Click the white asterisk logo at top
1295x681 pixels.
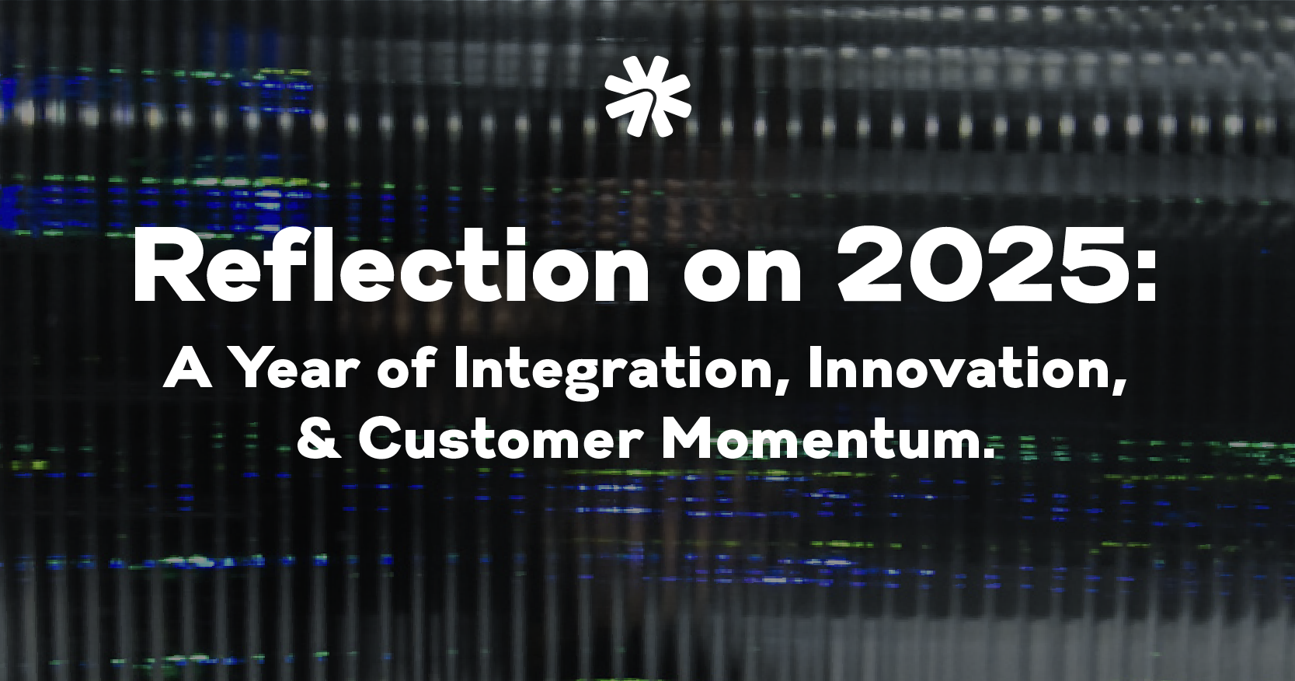click(648, 96)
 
